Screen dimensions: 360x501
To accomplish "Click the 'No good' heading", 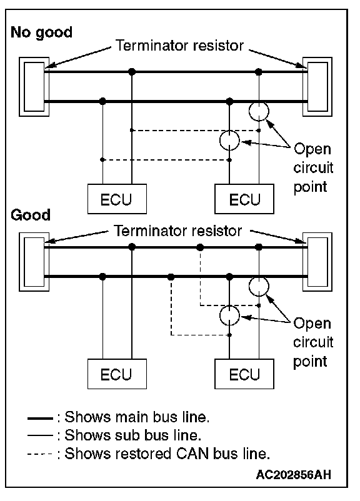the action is point(42,33).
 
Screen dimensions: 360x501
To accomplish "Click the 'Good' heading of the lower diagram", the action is point(31,215).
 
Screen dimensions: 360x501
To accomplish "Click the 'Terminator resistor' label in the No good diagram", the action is point(179,46).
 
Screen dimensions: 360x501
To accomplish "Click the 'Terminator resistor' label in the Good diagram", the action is point(178,231).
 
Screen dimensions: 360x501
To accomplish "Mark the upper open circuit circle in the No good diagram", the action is point(259,102).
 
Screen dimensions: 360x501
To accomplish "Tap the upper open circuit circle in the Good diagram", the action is point(259,277).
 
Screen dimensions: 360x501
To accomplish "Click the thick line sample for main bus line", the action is point(40,419).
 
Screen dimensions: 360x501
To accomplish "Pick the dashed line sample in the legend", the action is point(40,454).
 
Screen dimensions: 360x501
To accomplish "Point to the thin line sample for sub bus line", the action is point(40,435).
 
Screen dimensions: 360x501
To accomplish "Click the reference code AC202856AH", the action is point(294,475).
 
